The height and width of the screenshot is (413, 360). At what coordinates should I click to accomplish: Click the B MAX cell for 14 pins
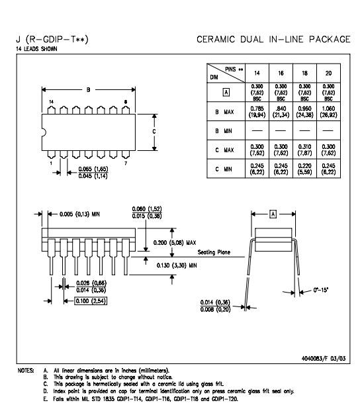[x=257, y=112]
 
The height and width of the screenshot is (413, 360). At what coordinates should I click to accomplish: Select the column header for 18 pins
[x=304, y=73]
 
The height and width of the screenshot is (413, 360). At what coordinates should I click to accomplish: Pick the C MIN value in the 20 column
[x=328, y=169]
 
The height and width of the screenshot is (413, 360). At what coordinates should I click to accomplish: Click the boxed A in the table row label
[x=226, y=93]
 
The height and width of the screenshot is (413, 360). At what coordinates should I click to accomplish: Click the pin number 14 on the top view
[x=52, y=102]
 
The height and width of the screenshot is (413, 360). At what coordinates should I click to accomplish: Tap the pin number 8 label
[x=126, y=102]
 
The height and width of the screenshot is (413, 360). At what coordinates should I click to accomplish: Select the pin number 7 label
[x=126, y=163]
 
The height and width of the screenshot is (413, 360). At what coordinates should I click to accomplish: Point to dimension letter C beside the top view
[x=154, y=132]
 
